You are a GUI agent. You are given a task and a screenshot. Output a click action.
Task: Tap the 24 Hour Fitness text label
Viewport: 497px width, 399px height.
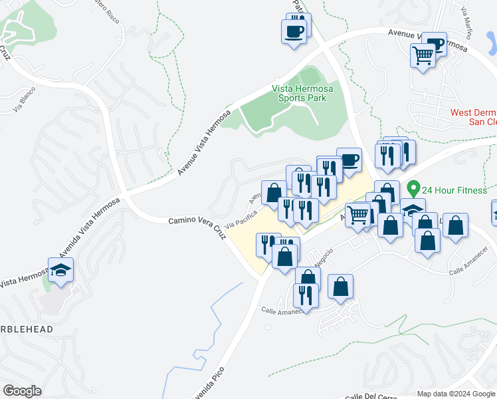456,190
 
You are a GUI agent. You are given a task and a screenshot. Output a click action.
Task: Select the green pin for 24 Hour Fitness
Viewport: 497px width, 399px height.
413,190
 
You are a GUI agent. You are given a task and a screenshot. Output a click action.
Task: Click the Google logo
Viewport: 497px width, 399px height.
22,391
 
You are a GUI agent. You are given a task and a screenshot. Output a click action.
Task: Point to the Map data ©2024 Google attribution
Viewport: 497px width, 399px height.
455,394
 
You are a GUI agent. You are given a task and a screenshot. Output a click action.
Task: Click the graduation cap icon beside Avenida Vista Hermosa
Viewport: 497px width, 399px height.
60,270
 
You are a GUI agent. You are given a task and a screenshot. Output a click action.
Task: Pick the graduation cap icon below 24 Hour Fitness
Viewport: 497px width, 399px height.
412,209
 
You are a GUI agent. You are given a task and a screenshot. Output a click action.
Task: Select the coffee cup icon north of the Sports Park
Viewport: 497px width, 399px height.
294,30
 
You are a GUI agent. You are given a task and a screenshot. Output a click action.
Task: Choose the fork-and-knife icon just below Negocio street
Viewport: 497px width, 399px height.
306,293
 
